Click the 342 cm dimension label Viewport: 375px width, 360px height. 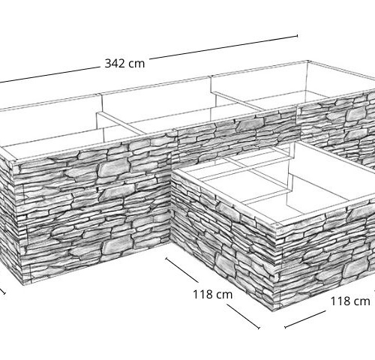(124, 64)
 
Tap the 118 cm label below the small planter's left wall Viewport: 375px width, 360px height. (213, 294)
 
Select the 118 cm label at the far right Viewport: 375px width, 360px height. (350, 301)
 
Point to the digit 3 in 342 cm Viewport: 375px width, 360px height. (108, 64)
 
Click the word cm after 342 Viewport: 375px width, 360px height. (136, 64)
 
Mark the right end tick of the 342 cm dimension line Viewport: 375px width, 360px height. (297, 36)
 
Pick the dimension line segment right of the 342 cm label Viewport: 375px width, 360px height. (223, 47)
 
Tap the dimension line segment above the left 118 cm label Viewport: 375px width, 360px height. (182, 270)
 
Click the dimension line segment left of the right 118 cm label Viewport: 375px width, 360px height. (305, 319)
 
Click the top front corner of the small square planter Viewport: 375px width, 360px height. (276, 224)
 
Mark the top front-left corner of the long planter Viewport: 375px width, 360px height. (13, 163)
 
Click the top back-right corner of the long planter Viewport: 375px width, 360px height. (308, 61)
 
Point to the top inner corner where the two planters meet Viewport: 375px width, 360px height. (172, 172)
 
